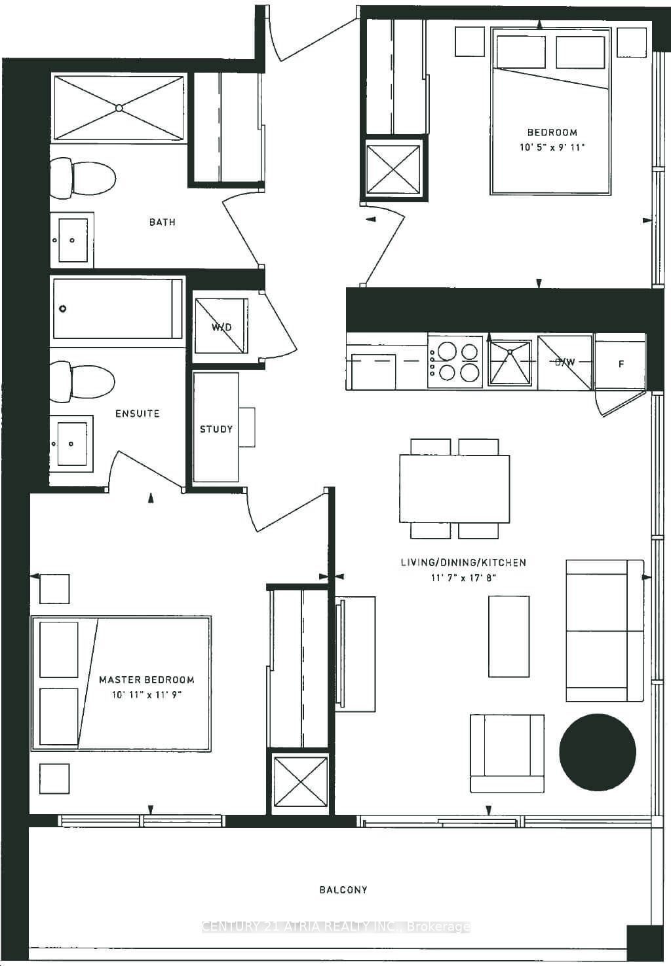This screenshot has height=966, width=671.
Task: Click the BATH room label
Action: coord(163,222)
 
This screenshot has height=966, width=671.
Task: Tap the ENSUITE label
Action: coord(138,414)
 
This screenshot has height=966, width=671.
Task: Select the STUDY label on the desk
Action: coord(216,429)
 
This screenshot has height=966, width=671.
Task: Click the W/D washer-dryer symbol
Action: coord(221,326)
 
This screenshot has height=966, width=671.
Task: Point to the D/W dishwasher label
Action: coord(565,362)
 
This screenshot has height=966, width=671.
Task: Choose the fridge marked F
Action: coord(621,363)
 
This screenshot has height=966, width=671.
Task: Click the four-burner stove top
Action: coord(455,363)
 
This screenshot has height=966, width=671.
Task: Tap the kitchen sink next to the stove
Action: coord(510,363)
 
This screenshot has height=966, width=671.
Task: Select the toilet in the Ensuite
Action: coord(83,382)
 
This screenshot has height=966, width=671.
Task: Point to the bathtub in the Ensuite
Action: coord(117,308)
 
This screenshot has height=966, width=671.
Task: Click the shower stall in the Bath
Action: coord(119,108)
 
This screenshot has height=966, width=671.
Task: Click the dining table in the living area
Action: coord(455,488)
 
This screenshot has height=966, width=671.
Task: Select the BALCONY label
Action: coord(343,889)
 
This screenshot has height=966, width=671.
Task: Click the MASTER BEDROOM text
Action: coord(147,679)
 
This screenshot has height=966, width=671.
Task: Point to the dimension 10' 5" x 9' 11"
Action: coord(552,147)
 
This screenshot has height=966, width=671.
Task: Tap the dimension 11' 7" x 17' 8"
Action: coord(463,577)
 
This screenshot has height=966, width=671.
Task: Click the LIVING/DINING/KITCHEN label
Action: coord(463,562)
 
